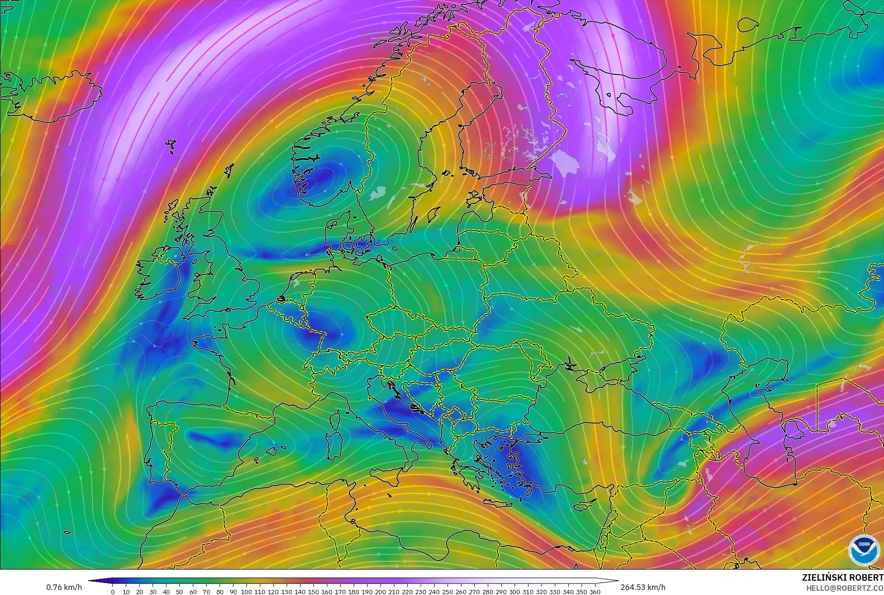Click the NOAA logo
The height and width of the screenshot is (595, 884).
tap(864, 550)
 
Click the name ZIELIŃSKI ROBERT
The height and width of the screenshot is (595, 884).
tap(842, 577)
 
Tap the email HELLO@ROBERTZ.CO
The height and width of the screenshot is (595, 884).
tap(845, 588)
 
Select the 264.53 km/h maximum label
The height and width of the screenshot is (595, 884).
tap(643, 587)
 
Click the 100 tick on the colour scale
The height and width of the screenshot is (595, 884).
tap(246, 591)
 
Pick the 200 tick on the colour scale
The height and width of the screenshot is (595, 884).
tap(381, 591)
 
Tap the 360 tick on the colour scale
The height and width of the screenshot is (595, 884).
tap(595, 591)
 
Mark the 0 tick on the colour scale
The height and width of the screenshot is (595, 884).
tap(113, 591)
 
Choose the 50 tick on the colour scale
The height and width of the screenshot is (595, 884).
tap(179, 591)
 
